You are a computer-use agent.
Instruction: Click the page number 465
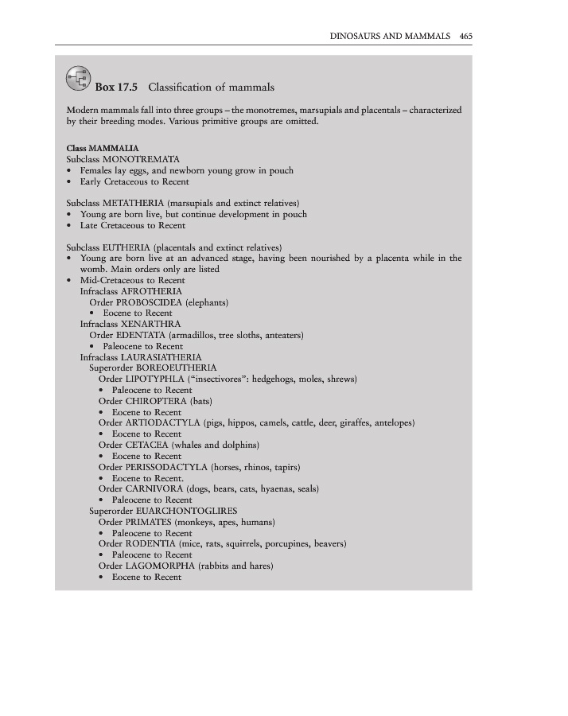[466, 36]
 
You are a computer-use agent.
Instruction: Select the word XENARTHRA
[154, 325]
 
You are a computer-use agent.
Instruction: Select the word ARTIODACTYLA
[162, 423]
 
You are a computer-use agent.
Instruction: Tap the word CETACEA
[146, 445]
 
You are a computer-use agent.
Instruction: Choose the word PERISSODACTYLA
[168, 467]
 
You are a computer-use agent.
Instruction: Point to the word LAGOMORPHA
[160, 566]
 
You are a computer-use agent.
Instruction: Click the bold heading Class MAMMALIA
[103, 148]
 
